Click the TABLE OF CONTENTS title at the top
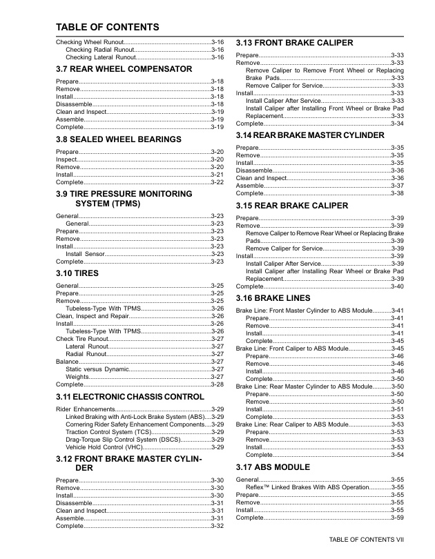tap(107, 28)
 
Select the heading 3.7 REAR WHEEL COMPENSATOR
tap(124, 69)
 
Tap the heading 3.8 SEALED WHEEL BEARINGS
tap(119, 139)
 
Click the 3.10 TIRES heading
tap(77, 273)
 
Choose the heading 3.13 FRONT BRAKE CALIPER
tap(295, 43)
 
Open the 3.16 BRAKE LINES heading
tap(274, 298)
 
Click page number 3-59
tap(397, 518)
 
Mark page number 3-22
tap(217, 182)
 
